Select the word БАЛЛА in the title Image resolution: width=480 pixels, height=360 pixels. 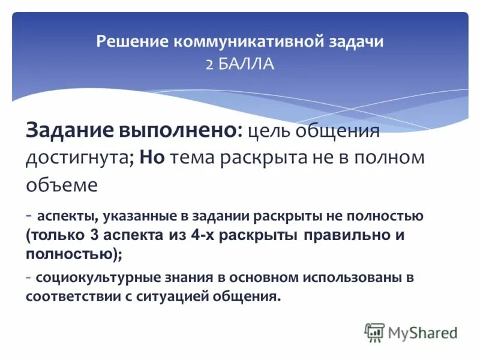247,64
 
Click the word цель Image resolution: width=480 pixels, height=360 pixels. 269,131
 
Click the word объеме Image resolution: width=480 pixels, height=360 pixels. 61,185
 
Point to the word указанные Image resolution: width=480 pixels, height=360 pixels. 125,215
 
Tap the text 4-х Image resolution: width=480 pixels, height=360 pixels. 202,235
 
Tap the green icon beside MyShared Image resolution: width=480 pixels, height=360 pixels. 374,332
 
